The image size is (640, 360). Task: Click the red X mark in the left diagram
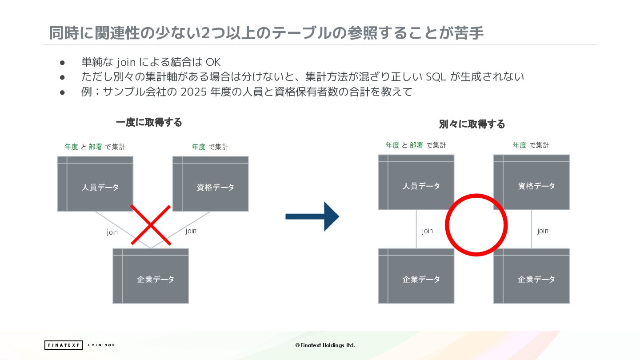pyautogui.click(x=151, y=225)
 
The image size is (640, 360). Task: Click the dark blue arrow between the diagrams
pyautogui.click(x=312, y=216)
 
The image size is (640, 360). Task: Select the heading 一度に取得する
pyautogui.click(x=149, y=122)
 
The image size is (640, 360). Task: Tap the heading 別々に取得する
pyautogui.click(x=472, y=124)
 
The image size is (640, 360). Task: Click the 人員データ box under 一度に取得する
pyautogui.click(x=95, y=184)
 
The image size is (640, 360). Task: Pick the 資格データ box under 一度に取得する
pyautogui.click(x=210, y=184)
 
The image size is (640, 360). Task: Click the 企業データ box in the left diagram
pyautogui.click(x=151, y=276)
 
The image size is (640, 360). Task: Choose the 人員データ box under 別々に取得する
pyautogui.click(x=416, y=182)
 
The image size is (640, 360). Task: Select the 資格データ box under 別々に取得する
pyautogui.click(x=532, y=182)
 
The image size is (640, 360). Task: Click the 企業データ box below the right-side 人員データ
pyautogui.click(x=416, y=276)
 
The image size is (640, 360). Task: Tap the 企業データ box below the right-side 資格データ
pyautogui.click(x=532, y=276)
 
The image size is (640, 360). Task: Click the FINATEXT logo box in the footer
pyautogui.click(x=63, y=345)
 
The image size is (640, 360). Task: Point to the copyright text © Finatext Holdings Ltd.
pyautogui.click(x=325, y=345)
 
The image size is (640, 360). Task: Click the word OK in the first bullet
pyautogui.click(x=213, y=62)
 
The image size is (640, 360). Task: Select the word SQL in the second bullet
pyautogui.click(x=436, y=77)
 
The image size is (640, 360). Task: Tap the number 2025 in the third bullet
pyautogui.click(x=193, y=92)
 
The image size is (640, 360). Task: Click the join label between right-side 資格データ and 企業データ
pyautogui.click(x=543, y=231)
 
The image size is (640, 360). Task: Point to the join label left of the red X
pyautogui.click(x=112, y=232)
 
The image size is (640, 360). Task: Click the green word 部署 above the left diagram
pyautogui.click(x=96, y=147)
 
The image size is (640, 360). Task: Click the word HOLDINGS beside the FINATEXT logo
pyautogui.click(x=101, y=345)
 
